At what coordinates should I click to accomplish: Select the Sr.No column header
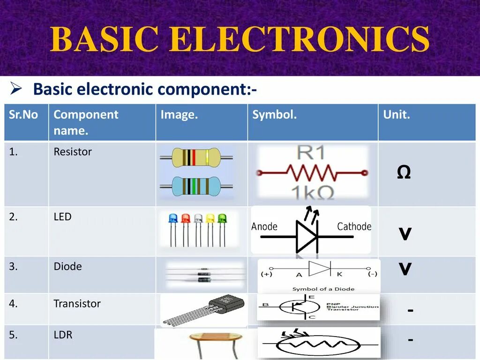click(x=23, y=115)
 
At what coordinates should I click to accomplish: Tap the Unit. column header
click(x=397, y=115)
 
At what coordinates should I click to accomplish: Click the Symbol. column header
click(x=274, y=115)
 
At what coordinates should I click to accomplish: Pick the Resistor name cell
click(x=73, y=152)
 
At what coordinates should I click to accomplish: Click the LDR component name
click(x=63, y=335)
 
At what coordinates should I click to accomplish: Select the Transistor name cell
click(x=77, y=304)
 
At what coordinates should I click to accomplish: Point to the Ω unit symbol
click(x=404, y=173)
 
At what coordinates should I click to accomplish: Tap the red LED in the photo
click(x=186, y=218)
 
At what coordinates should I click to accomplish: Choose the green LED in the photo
click(x=222, y=218)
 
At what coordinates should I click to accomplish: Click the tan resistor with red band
click(x=196, y=158)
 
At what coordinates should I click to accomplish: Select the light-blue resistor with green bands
click(x=196, y=187)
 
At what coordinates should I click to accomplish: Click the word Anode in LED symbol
click(x=264, y=227)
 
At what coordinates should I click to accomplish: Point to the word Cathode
click(x=354, y=227)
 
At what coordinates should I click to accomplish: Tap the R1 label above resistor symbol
click(x=312, y=153)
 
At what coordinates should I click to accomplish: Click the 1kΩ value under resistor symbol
click(x=312, y=192)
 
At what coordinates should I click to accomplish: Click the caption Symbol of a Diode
click(x=323, y=289)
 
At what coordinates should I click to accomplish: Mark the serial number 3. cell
click(x=13, y=267)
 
